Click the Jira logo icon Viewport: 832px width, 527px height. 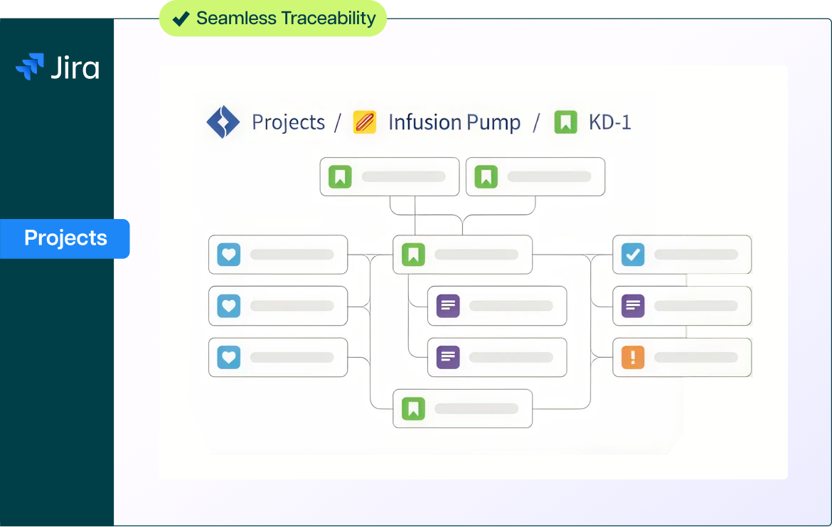[30, 66]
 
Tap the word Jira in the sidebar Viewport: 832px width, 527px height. [75, 68]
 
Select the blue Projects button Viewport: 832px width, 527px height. [65, 238]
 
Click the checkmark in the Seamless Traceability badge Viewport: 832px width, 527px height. [181, 18]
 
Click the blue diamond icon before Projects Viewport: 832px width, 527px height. [223, 122]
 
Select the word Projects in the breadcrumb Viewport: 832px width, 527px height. [288, 122]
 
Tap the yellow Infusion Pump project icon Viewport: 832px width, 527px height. [365, 122]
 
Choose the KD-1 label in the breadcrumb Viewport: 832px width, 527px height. [610, 122]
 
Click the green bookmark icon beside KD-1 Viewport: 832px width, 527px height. [566, 122]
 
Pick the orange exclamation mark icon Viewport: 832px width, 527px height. [633, 357]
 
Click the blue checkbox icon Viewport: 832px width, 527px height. [633, 255]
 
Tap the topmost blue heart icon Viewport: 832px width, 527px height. [229, 255]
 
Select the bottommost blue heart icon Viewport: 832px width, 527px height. [229, 357]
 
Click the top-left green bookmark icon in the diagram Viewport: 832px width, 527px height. [340, 176]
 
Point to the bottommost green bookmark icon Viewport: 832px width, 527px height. [413, 408]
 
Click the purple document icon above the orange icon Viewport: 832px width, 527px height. [633, 306]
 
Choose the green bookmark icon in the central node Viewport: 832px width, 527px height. [413, 255]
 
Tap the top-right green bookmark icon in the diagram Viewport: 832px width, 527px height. [486, 176]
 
